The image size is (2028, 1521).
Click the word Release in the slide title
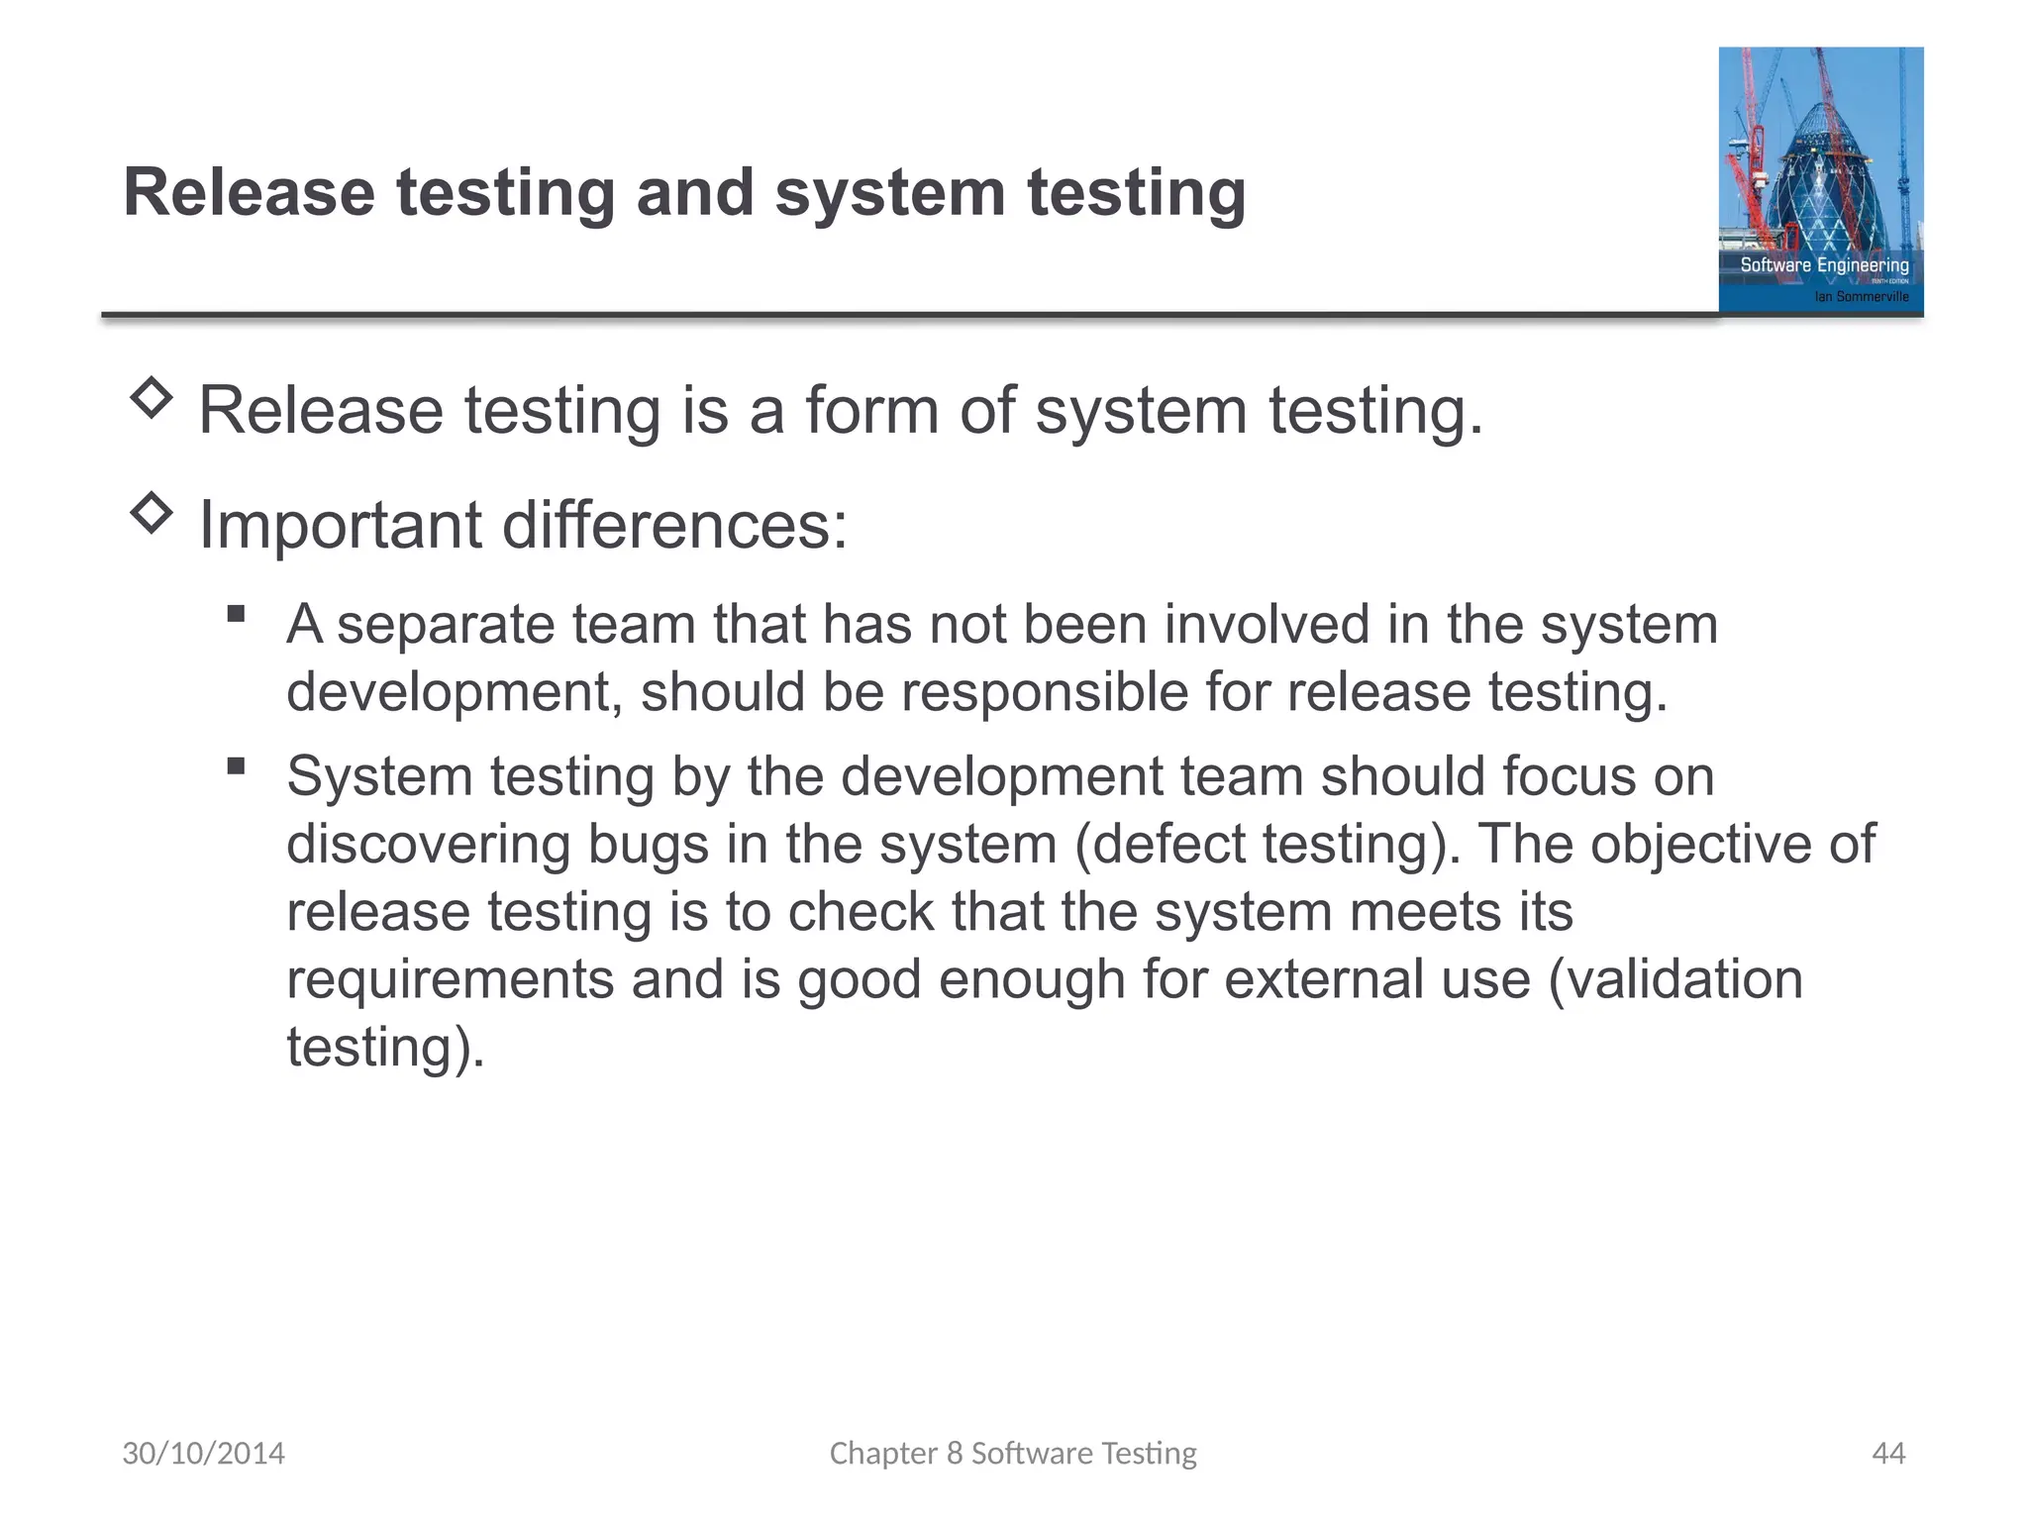click(249, 192)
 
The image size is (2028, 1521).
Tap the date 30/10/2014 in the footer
click(203, 1453)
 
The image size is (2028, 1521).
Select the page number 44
click(1888, 1453)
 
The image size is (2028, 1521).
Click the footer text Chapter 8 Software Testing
click(1013, 1453)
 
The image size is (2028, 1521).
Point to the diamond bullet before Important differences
click(152, 513)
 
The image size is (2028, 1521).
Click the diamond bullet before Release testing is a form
click(152, 399)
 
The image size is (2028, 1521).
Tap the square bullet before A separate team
click(236, 614)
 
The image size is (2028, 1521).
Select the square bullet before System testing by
click(236, 765)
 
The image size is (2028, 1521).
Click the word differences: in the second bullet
click(675, 525)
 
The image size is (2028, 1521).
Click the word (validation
click(1674, 979)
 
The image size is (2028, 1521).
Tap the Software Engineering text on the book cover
click(1824, 264)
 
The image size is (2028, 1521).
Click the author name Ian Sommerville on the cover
click(1861, 296)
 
